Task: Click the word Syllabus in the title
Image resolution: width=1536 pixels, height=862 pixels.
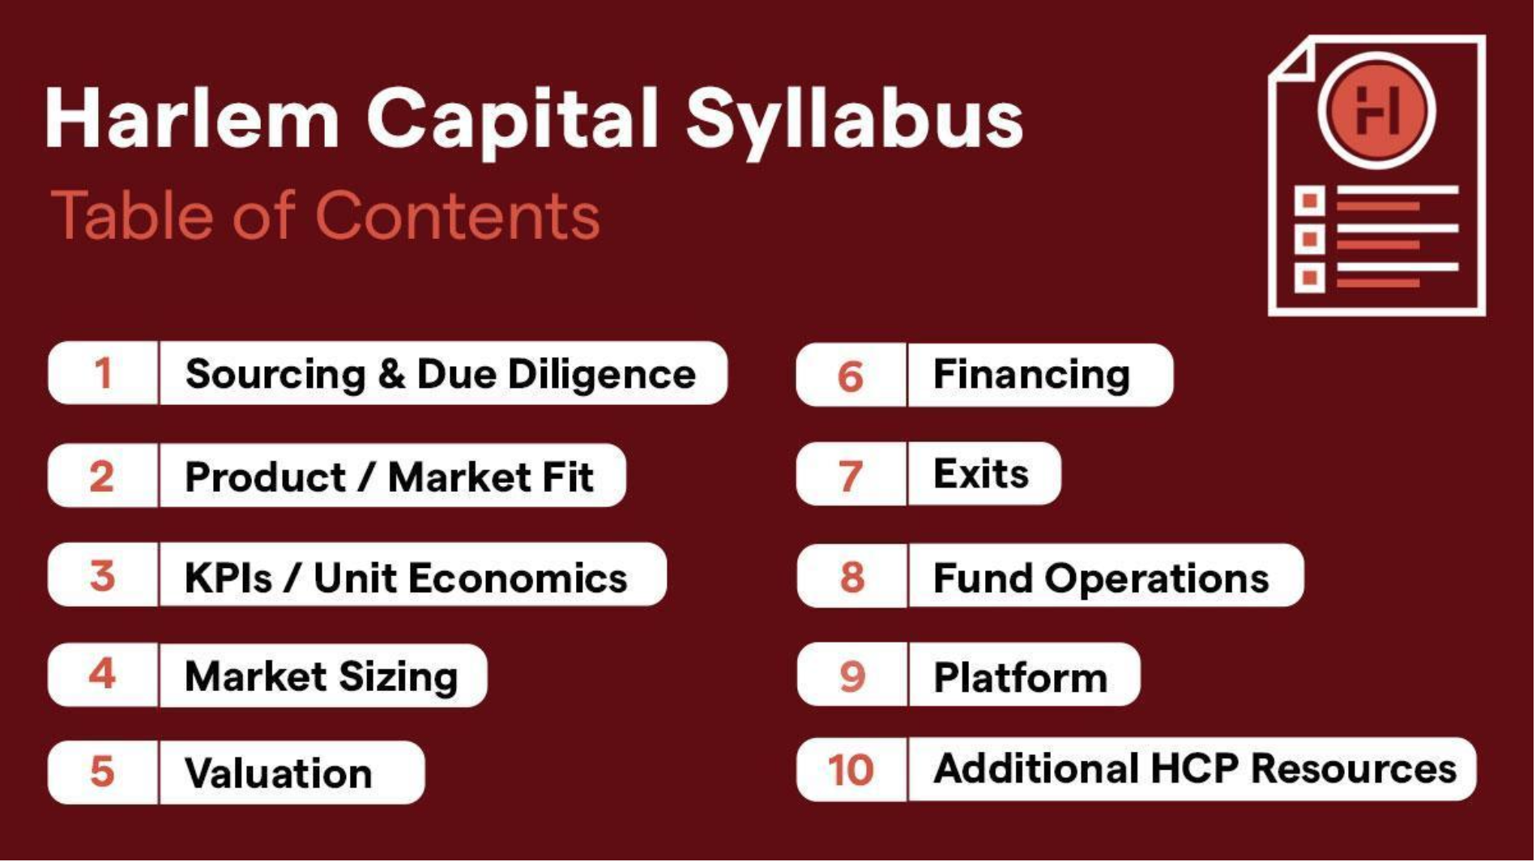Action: coord(855,122)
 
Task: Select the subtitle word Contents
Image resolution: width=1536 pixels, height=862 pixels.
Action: coord(458,216)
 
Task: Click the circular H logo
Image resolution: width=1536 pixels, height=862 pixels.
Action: coord(1377,111)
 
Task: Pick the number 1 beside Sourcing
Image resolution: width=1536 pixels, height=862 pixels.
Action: coord(103,373)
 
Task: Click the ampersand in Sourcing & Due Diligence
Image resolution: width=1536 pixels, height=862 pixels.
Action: coord(391,374)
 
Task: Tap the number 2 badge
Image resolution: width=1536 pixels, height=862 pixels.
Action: coord(102,476)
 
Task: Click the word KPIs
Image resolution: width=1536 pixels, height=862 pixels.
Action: coord(228,578)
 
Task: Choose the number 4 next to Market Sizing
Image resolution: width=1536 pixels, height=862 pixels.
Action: coord(103,673)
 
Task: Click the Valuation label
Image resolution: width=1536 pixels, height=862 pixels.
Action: coord(279,773)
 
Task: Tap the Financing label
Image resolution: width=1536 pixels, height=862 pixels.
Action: coord(1032,375)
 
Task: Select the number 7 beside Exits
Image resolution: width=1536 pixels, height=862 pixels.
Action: coord(851,476)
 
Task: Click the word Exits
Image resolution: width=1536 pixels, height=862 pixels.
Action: coord(981,474)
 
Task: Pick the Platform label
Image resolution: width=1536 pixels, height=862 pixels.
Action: coord(1021,677)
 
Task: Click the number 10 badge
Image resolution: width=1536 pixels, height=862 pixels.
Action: coord(851,770)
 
